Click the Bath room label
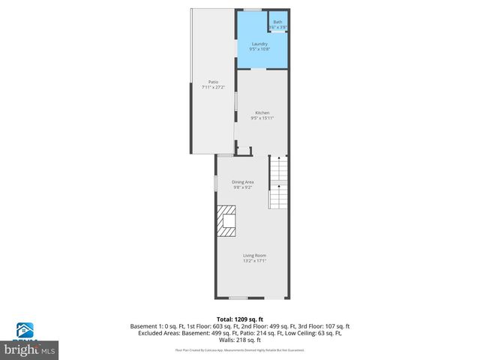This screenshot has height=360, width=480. pyautogui.click(x=278, y=22)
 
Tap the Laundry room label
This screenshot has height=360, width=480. pyautogui.click(x=259, y=44)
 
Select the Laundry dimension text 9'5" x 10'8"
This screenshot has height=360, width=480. pyautogui.click(x=259, y=49)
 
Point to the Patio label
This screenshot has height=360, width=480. pyautogui.click(x=213, y=82)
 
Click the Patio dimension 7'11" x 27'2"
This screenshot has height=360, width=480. pyautogui.click(x=213, y=87)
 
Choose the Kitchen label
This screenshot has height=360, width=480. pyautogui.click(x=262, y=112)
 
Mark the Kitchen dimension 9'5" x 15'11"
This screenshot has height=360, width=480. pyautogui.click(x=262, y=118)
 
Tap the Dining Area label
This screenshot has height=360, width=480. pyautogui.click(x=242, y=182)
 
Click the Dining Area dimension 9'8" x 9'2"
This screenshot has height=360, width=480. pyautogui.click(x=242, y=187)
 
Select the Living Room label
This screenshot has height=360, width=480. pyautogui.click(x=254, y=256)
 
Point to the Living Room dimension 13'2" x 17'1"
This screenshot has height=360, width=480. pyautogui.click(x=254, y=261)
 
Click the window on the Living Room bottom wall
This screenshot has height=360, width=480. pyautogui.click(x=239, y=297)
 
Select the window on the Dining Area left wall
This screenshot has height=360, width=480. pyautogui.click(x=217, y=182)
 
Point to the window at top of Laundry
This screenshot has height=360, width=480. pyautogui.click(x=253, y=9)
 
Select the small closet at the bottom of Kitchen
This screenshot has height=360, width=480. pyautogui.click(x=243, y=151)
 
